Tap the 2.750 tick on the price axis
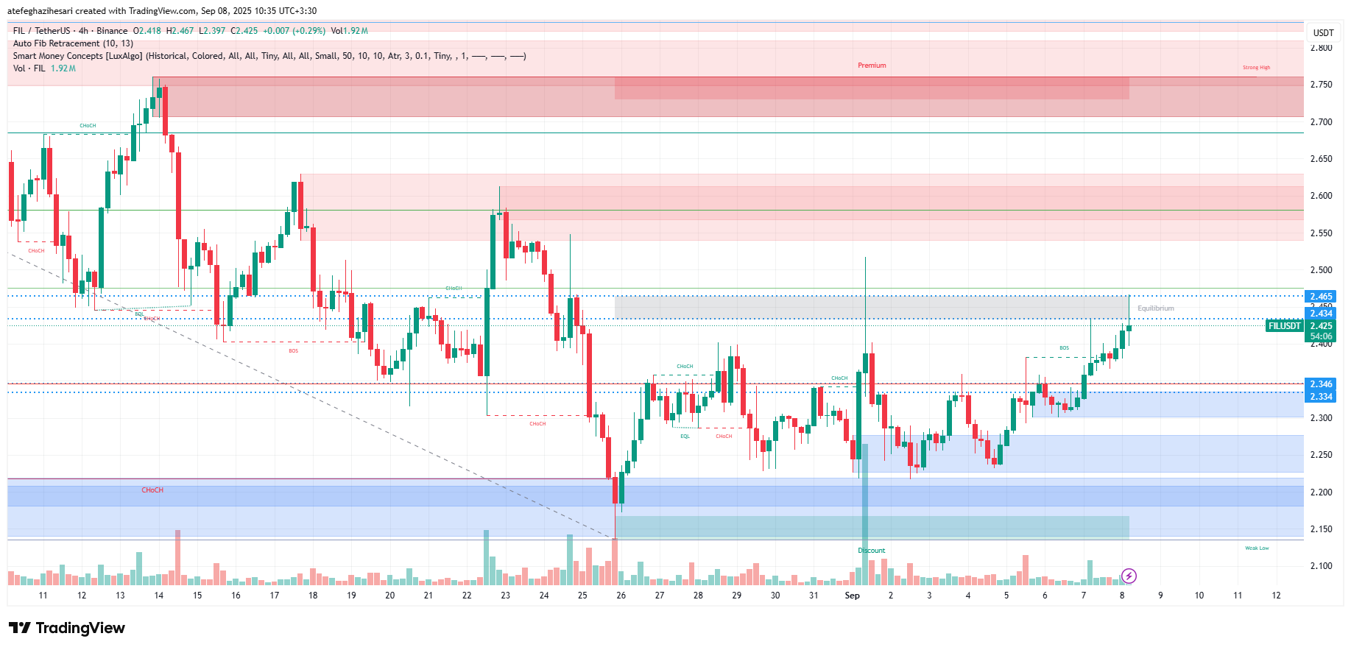pos(1321,85)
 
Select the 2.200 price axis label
pos(1321,492)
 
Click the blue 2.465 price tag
pos(1321,297)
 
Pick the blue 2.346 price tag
pos(1321,384)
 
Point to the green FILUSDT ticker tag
pos(1284,326)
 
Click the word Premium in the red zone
pos(872,66)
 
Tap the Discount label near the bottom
pos(871,551)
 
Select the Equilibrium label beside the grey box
pos(1155,308)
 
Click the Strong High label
pos(1256,68)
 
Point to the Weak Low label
pos(1256,548)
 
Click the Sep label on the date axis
pos(852,596)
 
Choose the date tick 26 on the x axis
pos(621,596)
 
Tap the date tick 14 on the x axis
pos(158,596)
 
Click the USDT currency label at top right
pos(1323,33)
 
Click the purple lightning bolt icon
pos(1129,576)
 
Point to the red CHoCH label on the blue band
pos(152,490)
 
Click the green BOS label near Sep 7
pos(1064,348)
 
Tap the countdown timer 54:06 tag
pos(1321,336)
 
